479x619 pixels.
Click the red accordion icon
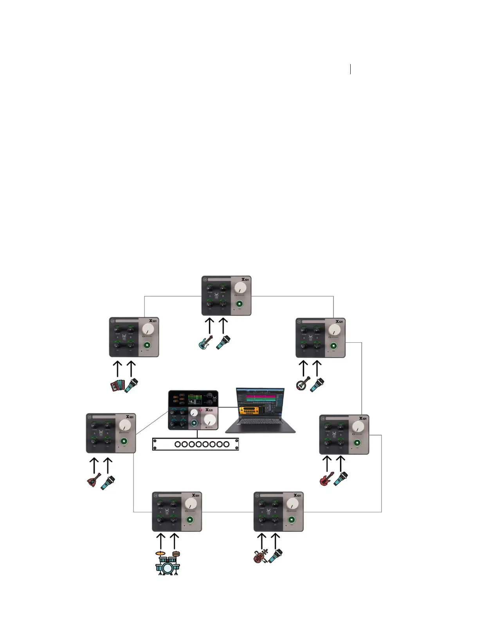[117, 386]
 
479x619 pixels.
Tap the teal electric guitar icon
[205, 343]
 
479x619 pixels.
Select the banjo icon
[303, 383]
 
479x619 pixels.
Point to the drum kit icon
[167, 563]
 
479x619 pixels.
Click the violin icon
[260, 556]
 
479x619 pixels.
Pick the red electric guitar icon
[326, 479]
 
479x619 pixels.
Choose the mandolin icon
[94, 480]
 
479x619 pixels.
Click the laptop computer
[260, 410]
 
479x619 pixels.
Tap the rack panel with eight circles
[195, 444]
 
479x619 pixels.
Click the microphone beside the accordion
[131, 385]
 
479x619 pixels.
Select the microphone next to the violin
[276, 555]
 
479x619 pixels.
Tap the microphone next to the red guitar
[340, 479]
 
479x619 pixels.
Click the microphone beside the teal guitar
[223, 343]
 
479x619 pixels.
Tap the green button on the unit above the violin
[292, 520]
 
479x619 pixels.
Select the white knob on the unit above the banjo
[334, 330]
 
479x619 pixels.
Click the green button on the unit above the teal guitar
[239, 304]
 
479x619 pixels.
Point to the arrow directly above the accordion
[117, 369]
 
